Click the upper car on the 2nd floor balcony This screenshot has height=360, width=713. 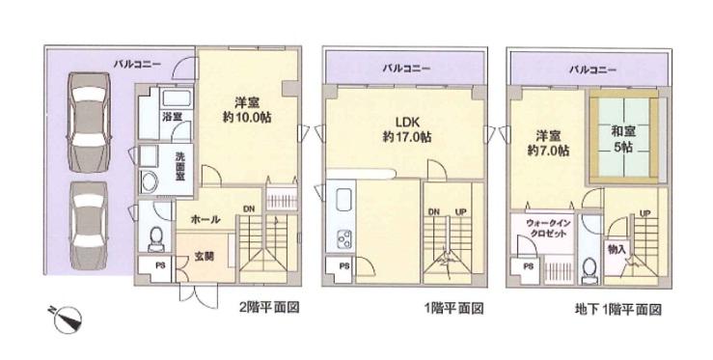pos(88,123)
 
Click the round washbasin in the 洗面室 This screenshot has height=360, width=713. pos(151,183)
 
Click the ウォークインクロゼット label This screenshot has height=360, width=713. pos(546,230)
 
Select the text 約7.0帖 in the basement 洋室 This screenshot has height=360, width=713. pos(547,151)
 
